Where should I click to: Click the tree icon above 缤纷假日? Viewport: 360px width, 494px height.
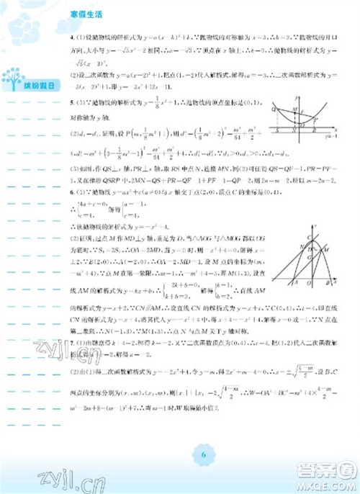tap(14, 75)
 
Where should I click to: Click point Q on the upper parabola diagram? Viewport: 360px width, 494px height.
tap(274, 109)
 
